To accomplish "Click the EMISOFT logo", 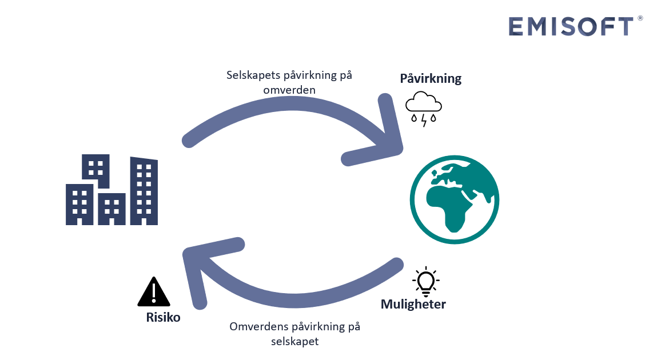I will tap(571, 26).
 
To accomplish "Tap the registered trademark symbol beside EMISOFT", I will tap(640, 19).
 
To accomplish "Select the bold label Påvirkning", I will tap(431, 78).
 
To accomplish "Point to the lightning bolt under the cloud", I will tap(424, 121).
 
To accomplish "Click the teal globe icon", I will tap(455, 199).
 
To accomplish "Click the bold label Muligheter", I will tap(413, 304).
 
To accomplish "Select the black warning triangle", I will tap(154, 293).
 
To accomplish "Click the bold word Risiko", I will tap(163, 317).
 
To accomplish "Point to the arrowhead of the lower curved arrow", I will tap(197, 263).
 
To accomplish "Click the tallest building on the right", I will tap(144, 190).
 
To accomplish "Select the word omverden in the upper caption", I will tap(289, 90).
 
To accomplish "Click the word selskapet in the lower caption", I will tap(294, 342).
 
